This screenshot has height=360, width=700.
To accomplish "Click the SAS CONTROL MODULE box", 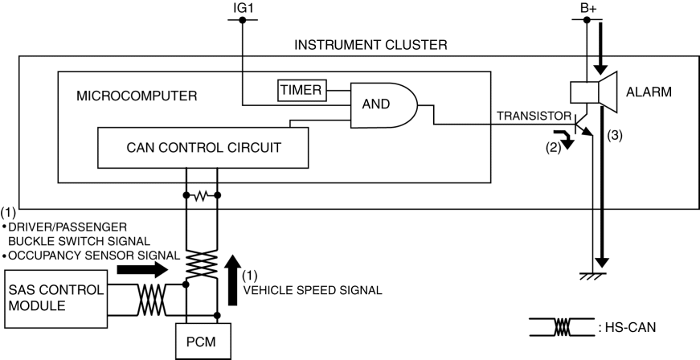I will (55, 298).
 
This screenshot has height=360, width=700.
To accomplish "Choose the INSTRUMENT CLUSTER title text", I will (370, 45).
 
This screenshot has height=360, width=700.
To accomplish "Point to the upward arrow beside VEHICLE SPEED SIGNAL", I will (233, 281).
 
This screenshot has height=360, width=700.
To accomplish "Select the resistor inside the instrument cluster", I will (202, 195).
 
